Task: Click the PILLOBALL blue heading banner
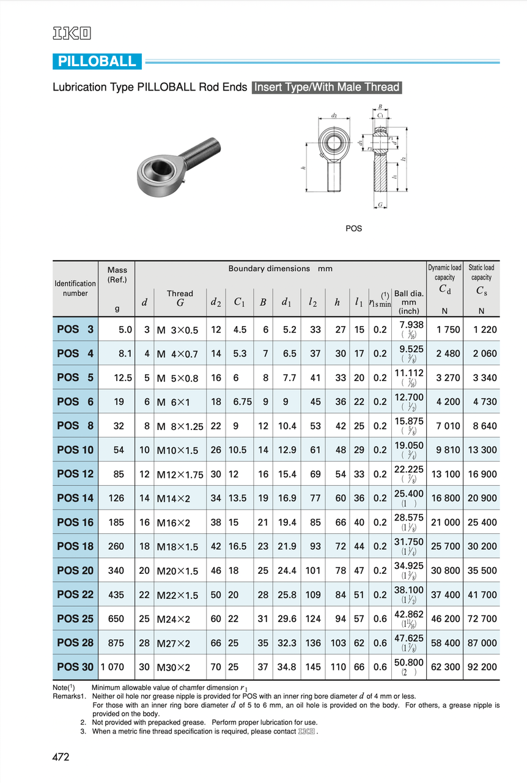(x=97, y=62)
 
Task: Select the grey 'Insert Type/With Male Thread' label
(x=326, y=87)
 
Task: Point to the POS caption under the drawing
(x=353, y=229)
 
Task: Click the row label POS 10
(x=75, y=450)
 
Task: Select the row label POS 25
(x=75, y=619)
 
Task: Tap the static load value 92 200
(x=481, y=667)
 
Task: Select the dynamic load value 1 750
(x=448, y=330)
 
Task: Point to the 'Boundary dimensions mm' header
(x=280, y=269)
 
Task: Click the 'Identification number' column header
(x=75, y=288)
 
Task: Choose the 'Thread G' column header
(x=180, y=298)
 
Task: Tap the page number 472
(x=61, y=757)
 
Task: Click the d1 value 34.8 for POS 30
(x=287, y=667)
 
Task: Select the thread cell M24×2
(x=174, y=620)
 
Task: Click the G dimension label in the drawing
(x=380, y=205)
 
